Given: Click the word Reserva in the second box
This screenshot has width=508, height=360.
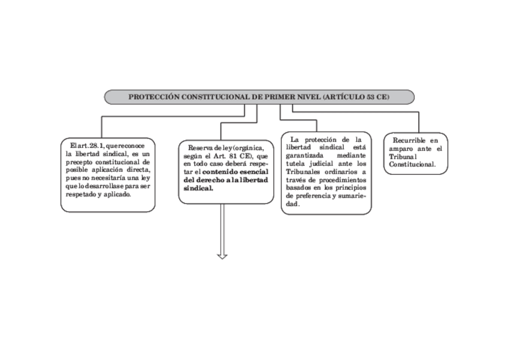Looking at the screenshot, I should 201,147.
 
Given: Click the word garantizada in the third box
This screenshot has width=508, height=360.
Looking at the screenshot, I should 305,155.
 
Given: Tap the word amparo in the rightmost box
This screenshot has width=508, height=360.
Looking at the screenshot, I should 400,149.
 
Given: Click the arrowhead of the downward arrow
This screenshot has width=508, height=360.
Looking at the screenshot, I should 222,256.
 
